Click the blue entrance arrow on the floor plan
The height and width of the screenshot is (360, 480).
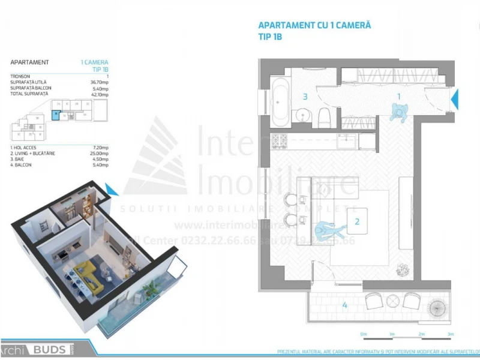click(454, 98)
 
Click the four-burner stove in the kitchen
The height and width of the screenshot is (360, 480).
click(279, 142)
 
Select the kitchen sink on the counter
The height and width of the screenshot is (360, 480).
click(347, 142)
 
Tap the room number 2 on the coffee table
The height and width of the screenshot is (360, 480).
click(357, 221)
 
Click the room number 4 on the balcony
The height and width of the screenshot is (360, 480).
click(344, 305)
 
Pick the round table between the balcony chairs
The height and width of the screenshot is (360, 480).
click(393, 299)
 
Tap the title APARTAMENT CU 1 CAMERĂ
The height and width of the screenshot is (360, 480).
click(314, 25)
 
